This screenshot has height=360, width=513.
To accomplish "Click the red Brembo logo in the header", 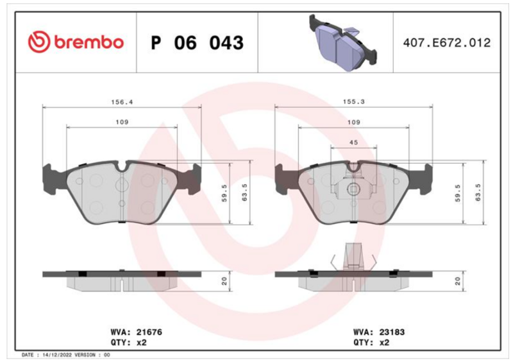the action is click(76, 42).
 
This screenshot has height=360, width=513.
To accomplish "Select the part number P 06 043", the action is click(198, 43).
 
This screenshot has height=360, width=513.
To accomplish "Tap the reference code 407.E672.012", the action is click(446, 43).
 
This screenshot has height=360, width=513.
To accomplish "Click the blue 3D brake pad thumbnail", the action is click(342, 42).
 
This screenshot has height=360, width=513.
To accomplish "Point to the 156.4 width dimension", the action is click(122, 102).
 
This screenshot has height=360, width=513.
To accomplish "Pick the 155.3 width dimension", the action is click(353, 102).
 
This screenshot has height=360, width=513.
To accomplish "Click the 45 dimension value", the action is click(353, 142).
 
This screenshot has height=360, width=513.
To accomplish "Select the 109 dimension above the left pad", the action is click(122, 122).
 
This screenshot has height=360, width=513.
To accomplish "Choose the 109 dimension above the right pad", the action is click(353, 122).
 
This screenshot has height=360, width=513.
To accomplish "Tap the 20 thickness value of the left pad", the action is click(224, 281).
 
